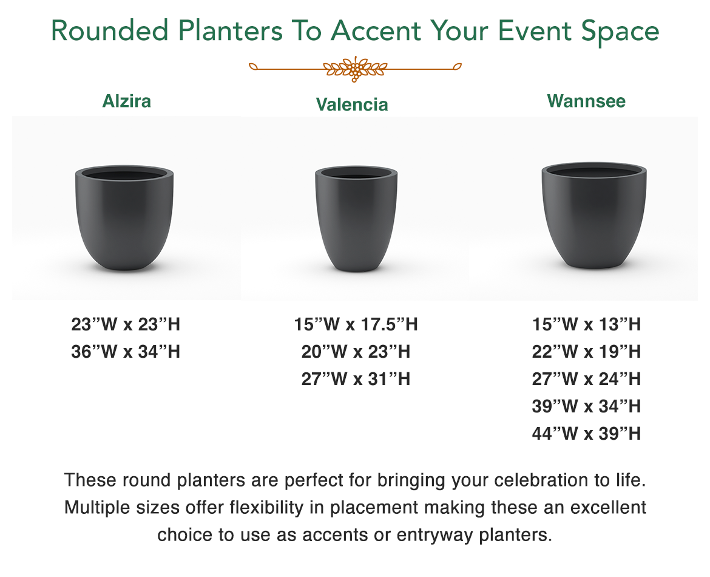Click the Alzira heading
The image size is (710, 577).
(127, 101)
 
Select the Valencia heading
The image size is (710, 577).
(352, 104)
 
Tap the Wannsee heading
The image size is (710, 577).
(586, 101)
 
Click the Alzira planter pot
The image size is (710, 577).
(124, 218)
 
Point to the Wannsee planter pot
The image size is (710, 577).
(594, 216)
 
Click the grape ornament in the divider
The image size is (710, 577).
(356, 69)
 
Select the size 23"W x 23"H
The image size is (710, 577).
(126, 324)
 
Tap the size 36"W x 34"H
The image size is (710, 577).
(126, 352)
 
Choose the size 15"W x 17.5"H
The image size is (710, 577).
(356, 324)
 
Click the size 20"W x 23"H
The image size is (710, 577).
(356, 352)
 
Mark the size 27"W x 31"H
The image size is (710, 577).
(356, 379)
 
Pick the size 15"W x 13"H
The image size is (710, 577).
(586, 324)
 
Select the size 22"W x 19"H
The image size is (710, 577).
(586, 352)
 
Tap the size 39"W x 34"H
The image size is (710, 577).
(586, 406)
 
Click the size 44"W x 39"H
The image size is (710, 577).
(586, 433)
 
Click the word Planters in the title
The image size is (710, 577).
(231, 31)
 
